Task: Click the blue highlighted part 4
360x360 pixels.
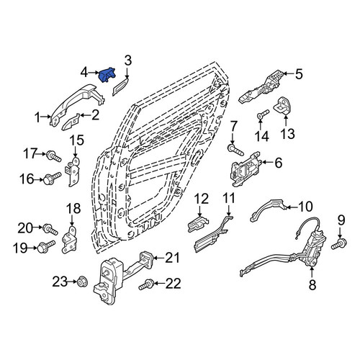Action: pos(107,75)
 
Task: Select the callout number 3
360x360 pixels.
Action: pos(128,60)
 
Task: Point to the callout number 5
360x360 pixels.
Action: pos(299,74)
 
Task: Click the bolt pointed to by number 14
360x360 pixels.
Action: pos(263,114)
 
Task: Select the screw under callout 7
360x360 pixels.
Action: pos(236,150)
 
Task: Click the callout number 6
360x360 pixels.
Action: pos(278,163)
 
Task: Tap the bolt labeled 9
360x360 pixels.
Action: pos(339,244)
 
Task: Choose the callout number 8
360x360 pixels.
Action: pos(312,285)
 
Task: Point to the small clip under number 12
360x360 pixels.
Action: pos(198,223)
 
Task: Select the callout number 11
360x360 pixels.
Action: pos(228,199)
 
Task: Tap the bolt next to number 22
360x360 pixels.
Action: pos(146,284)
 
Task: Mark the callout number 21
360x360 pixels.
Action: pos(172,258)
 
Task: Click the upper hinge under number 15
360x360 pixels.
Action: pos(73,171)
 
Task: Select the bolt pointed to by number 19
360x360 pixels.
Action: pos(46,246)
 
